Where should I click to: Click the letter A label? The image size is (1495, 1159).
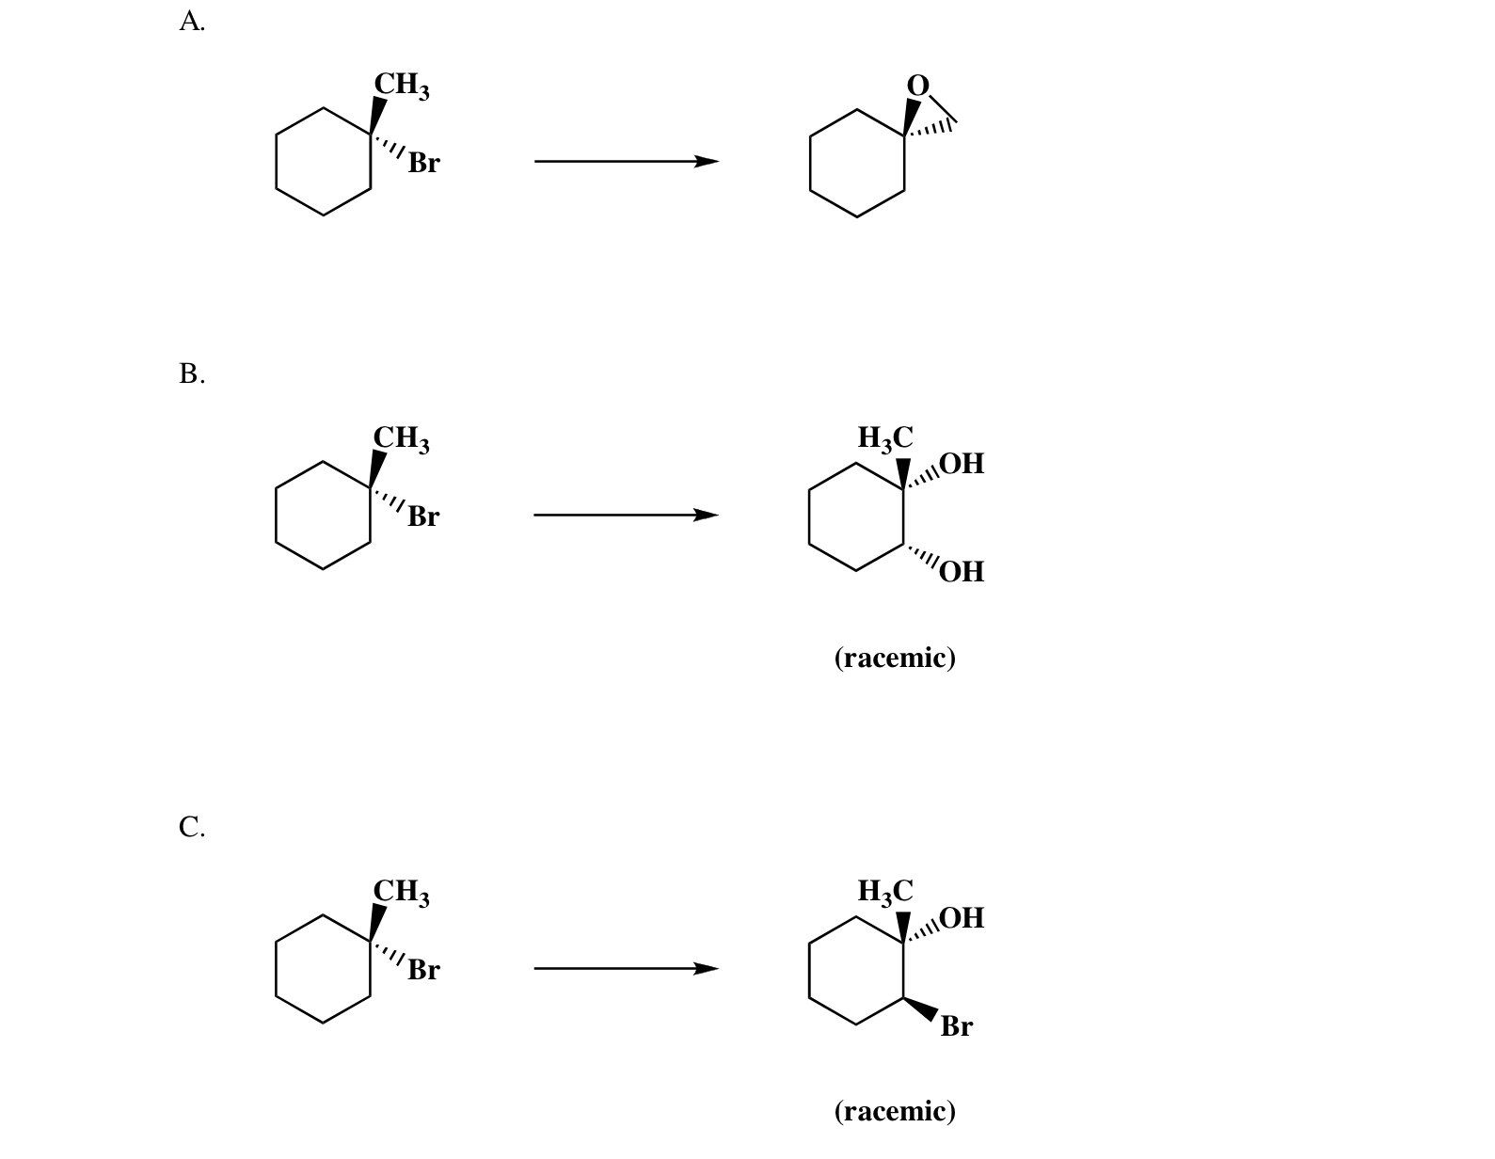click(x=191, y=22)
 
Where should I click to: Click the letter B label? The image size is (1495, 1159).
click(x=191, y=374)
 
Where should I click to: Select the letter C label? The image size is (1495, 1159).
click(x=191, y=827)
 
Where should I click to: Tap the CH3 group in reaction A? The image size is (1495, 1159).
click(x=402, y=85)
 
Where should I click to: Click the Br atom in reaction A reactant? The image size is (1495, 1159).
click(x=423, y=163)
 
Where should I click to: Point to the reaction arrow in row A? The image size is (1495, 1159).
click(x=626, y=161)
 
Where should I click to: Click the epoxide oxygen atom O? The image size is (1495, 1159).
click(x=917, y=85)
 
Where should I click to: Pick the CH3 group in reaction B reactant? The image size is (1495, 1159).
click(x=402, y=438)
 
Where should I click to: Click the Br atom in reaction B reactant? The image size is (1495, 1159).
click(x=423, y=516)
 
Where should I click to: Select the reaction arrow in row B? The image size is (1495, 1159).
click(x=626, y=515)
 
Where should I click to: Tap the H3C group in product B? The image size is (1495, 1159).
click(x=885, y=438)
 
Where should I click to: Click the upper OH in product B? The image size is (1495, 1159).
click(x=962, y=464)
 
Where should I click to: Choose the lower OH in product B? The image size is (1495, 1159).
click(x=962, y=571)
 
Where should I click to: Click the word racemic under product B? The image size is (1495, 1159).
click(x=895, y=658)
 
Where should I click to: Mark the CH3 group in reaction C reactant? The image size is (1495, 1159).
click(x=402, y=892)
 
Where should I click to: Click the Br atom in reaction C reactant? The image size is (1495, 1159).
click(x=423, y=970)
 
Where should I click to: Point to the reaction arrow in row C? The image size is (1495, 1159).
click(x=626, y=968)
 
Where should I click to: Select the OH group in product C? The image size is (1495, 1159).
click(x=962, y=917)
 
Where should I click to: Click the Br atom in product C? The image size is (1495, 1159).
click(x=956, y=1026)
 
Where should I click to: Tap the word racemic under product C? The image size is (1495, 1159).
click(x=895, y=1111)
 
